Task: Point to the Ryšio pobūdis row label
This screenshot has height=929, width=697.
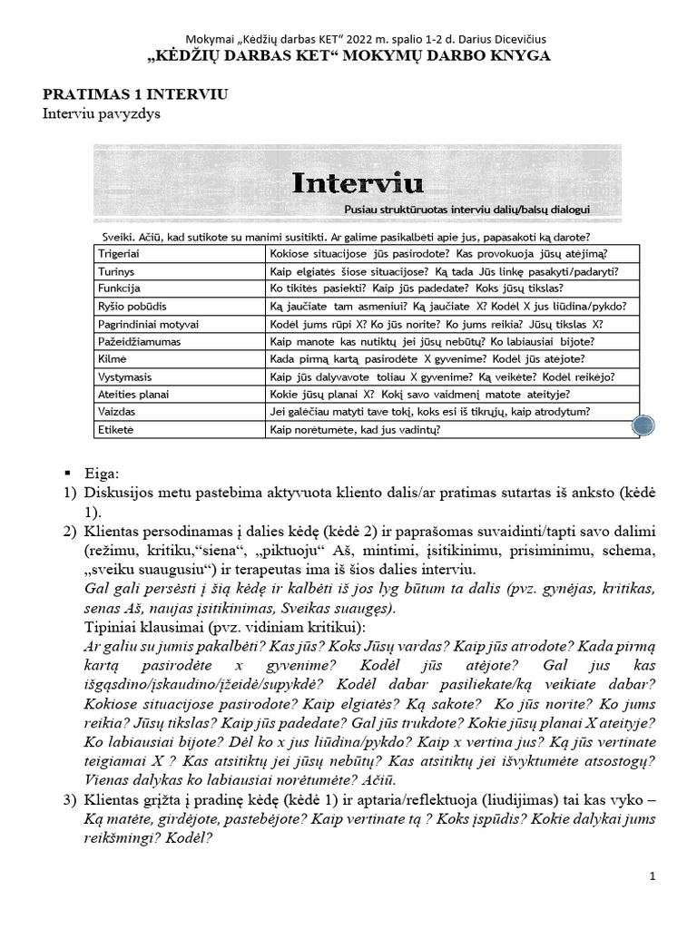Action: pos(131,307)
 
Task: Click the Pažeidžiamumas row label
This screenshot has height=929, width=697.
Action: pos(138,341)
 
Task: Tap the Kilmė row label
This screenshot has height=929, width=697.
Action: pos(113,359)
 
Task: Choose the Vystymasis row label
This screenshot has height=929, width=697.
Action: pos(126,376)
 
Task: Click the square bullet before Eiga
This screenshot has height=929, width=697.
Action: pos(67,474)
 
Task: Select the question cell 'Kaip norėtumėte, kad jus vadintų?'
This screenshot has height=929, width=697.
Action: pos(355,429)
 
